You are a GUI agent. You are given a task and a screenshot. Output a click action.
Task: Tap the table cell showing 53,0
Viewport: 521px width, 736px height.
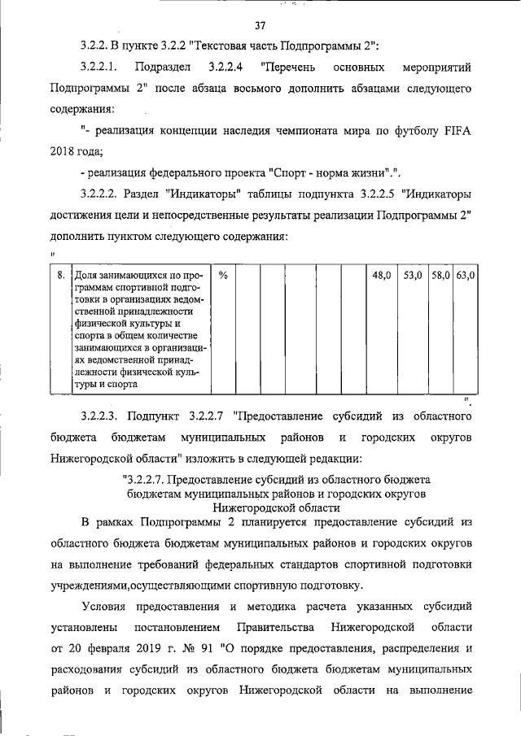413,276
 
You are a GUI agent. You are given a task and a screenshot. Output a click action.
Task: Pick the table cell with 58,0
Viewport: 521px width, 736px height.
440,276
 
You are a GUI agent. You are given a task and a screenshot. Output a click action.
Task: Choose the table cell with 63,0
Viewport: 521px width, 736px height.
465,276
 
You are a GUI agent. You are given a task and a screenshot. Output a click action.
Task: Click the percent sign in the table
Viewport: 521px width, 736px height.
222,276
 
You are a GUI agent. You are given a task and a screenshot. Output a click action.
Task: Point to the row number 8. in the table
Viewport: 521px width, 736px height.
60,276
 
